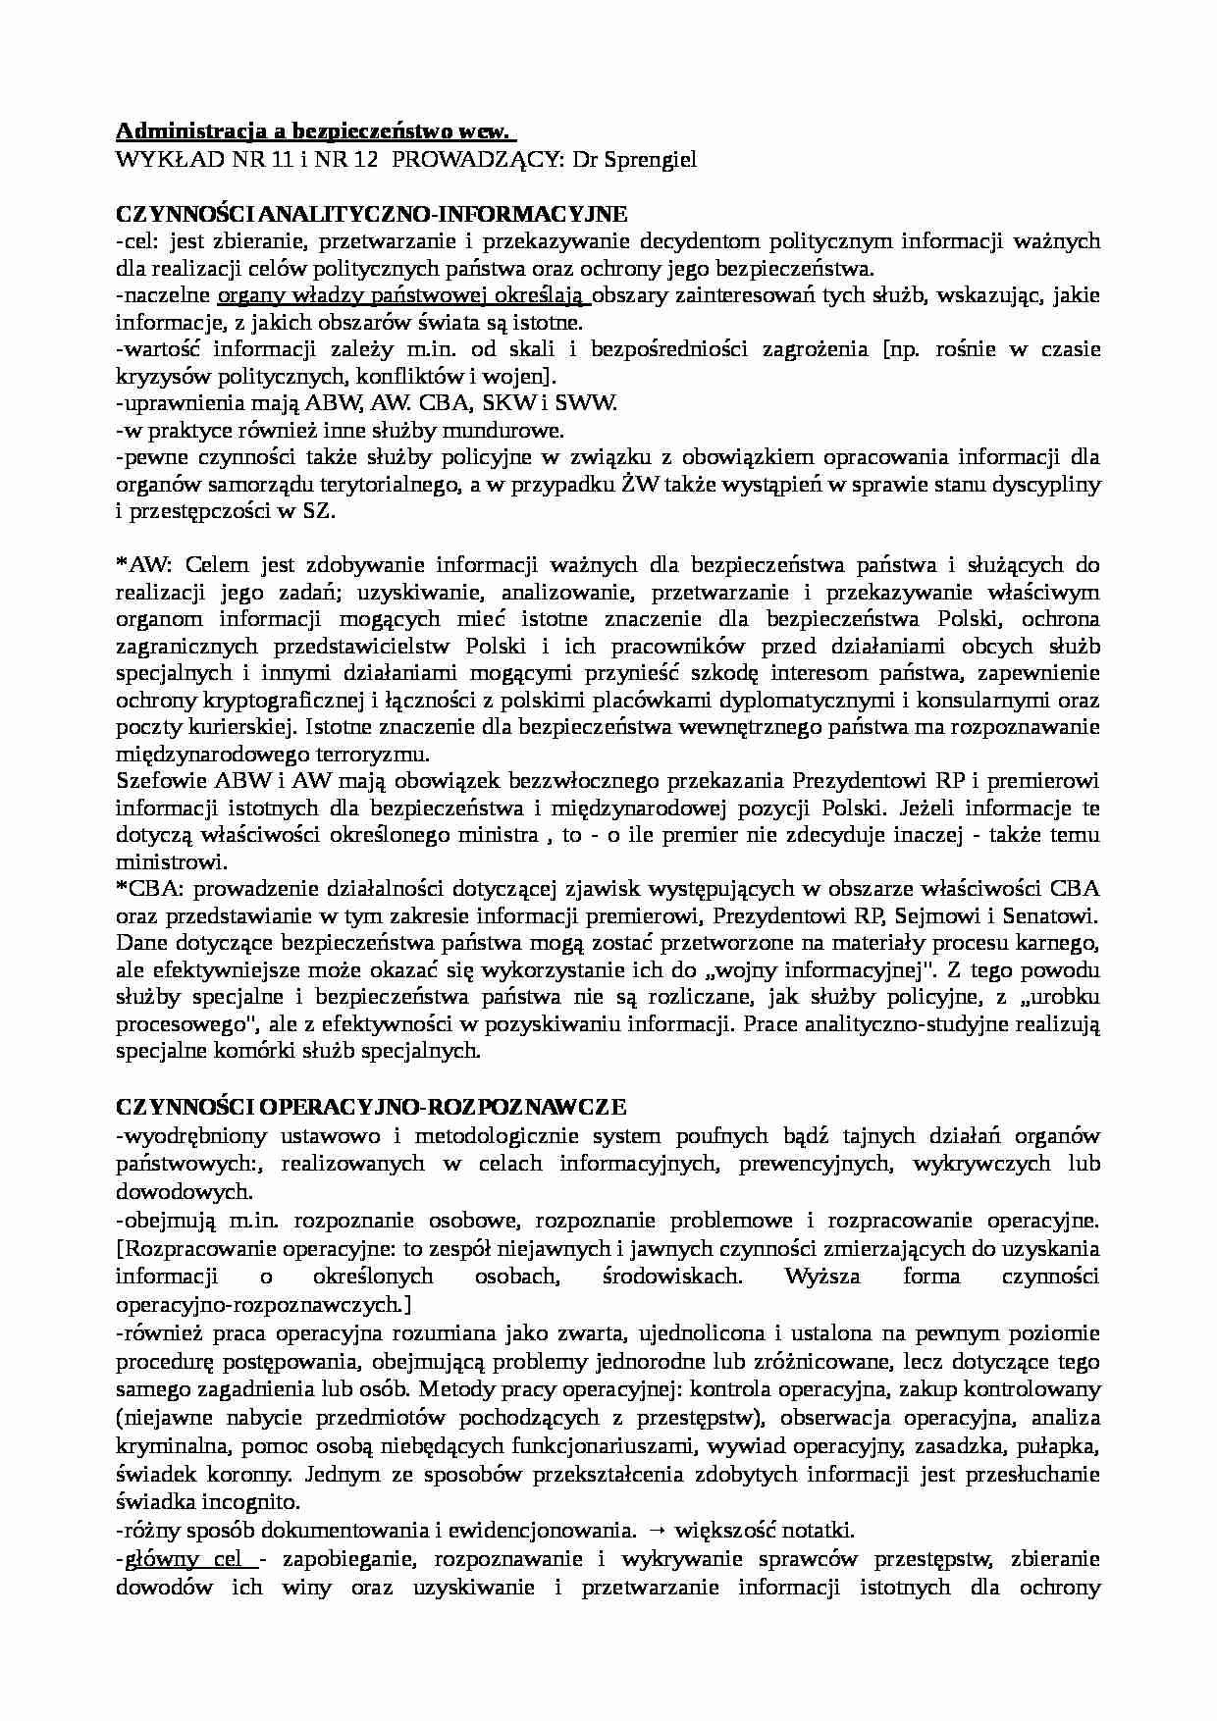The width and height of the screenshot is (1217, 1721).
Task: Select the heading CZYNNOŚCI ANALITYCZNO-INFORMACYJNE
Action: click(x=371, y=214)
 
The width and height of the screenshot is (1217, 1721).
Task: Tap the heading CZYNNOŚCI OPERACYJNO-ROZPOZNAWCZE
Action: click(x=370, y=1108)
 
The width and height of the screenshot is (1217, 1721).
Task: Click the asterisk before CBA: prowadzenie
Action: click(x=122, y=888)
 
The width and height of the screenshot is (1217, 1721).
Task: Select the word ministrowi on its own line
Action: click(x=171, y=862)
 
